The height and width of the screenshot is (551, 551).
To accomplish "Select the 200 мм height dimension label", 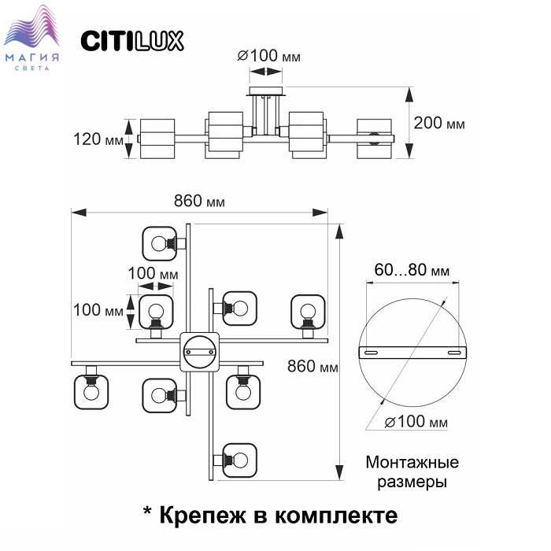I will [439, 124].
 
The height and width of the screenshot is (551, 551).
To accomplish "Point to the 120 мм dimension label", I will [98, 139].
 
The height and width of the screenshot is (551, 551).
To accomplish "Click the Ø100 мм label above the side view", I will [268, 57].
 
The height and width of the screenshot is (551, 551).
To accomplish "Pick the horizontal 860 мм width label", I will [199, 201].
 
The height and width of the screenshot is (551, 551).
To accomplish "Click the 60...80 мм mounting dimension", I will [412, 270].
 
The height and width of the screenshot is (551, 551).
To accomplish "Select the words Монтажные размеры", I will [412, 471].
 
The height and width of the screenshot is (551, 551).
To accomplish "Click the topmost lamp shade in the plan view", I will [160, 243].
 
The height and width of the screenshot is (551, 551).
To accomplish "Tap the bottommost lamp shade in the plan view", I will [240, 459].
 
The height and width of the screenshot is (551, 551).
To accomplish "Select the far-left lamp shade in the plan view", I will [91, 392].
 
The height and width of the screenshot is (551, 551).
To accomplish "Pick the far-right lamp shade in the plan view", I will [309, 311].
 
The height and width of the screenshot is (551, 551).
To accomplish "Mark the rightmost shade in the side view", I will [373, 139].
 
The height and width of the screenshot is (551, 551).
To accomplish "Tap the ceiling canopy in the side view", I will [267, 92].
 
